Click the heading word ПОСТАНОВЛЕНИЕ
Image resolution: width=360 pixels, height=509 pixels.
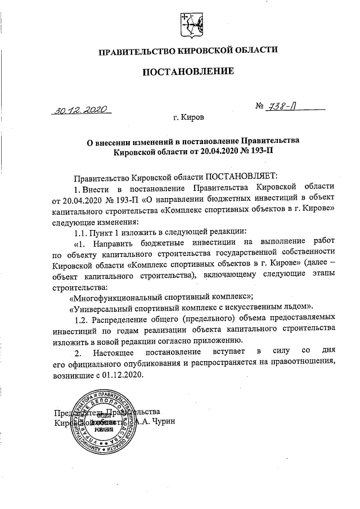187,71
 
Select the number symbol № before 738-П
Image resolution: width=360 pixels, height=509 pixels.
260,106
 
